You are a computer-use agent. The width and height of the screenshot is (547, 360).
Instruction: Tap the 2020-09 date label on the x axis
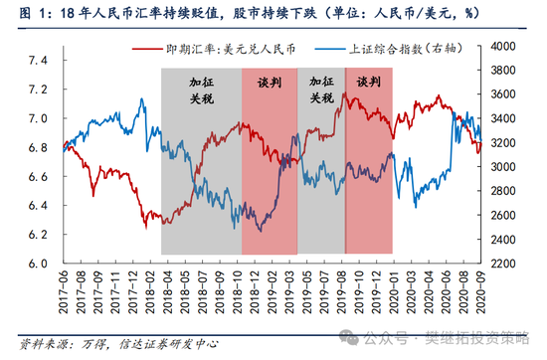[482, 293]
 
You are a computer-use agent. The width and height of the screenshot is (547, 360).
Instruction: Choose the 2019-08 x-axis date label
[343, 293]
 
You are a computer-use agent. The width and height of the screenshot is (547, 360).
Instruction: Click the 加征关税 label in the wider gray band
[201, 91]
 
